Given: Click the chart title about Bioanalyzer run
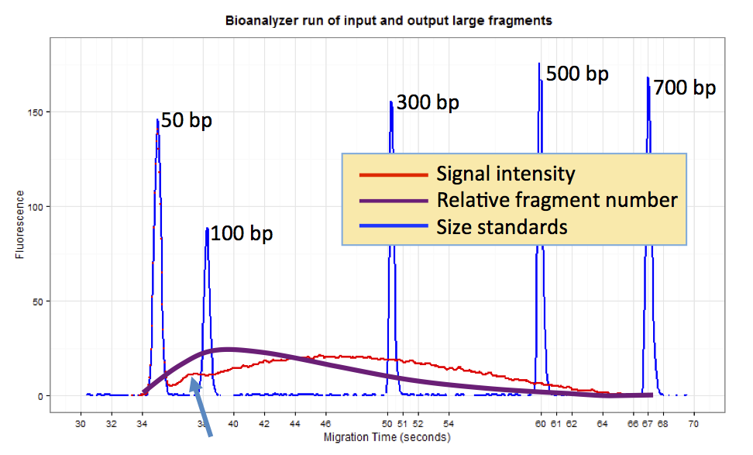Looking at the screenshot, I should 389,21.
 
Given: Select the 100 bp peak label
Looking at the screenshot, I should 242,233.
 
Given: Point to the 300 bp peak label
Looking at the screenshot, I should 428,102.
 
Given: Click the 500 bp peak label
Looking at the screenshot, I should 577,74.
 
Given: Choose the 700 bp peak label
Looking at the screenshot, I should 684,88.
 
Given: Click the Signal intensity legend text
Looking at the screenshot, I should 505,173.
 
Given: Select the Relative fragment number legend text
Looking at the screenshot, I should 557,200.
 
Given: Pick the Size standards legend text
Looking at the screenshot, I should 501,226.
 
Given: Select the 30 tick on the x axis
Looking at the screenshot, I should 81,425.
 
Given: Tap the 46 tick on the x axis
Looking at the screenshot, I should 325,425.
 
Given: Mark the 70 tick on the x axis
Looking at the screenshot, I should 693,425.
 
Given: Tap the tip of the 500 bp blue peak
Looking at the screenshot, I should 539,64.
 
